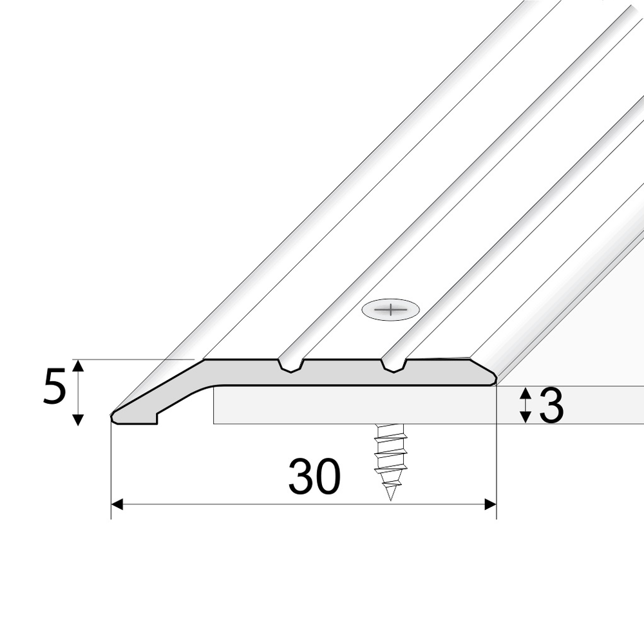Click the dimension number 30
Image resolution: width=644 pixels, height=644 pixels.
(315, 477)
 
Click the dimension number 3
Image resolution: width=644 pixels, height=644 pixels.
(551, 406)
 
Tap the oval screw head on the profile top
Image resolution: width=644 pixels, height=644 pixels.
(391, 310)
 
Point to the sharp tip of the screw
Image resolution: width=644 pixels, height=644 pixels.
(390, 500)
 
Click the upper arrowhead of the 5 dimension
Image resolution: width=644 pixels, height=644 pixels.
(78, 365)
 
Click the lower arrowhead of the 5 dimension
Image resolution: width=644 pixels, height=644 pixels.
(78, 420)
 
